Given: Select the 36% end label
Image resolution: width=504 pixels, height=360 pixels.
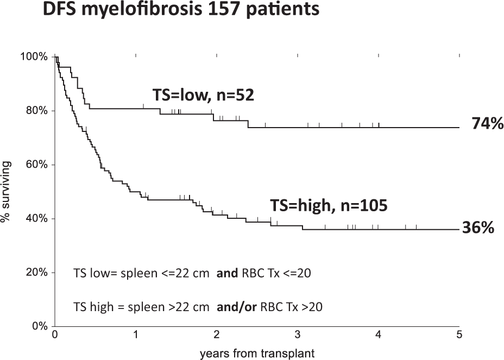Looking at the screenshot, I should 478,228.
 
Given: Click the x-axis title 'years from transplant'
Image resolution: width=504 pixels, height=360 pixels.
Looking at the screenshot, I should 257,353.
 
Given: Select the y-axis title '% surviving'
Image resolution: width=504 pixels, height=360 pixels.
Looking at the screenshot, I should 7,192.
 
